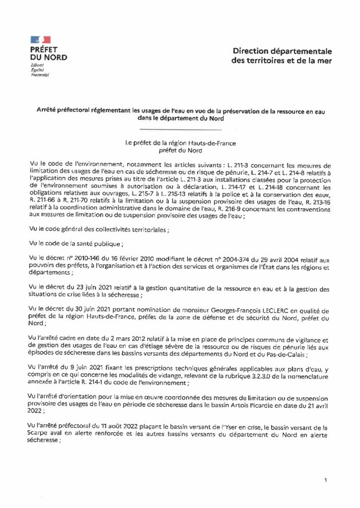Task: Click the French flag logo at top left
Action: pyautogui.click(x=40, y=39)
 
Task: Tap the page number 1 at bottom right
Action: pyautogui.click(x=325, y=480)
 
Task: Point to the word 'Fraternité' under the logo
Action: pyautogui.click(x=38, y=74)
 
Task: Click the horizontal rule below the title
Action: pyautogui.click(x=179, y=129)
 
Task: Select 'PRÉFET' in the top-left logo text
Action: pyautogui.click(x=44, y=50)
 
